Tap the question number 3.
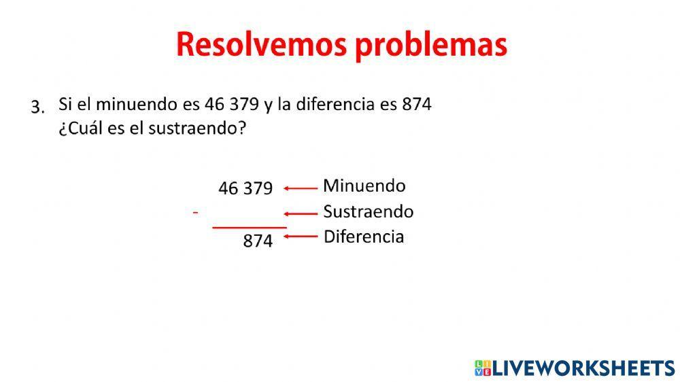37,107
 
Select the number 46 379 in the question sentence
231,105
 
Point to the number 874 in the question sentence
417,105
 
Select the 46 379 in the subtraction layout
245,188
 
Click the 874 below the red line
258,241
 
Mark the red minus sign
195,213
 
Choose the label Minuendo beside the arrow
364,186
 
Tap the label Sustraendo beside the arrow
368,211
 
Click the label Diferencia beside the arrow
363,237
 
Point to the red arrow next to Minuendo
301,188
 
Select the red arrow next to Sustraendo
301,213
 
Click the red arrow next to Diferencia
301,237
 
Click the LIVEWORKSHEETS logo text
583,368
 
